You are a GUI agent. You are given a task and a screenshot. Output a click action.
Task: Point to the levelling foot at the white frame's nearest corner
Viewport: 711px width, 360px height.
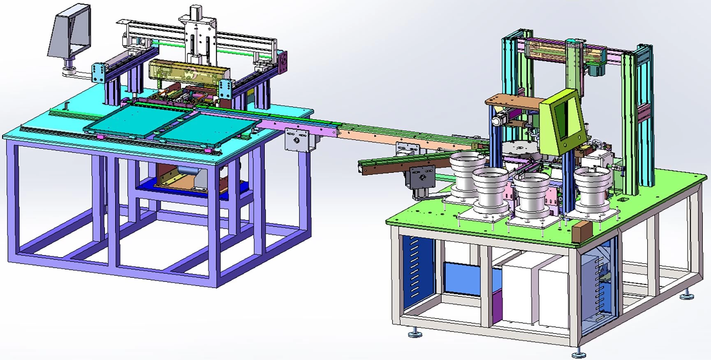(579, 353)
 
